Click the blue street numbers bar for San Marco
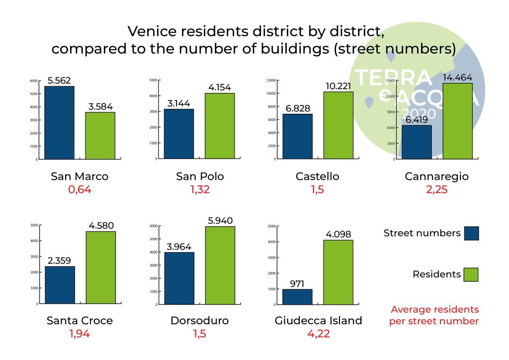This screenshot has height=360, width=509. point(59,122)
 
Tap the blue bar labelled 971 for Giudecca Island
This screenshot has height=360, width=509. point(297,296)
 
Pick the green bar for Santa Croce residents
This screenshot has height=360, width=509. point(100,267)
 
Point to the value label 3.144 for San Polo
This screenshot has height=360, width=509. point(178,103)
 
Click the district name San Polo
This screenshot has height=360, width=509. point(200,177)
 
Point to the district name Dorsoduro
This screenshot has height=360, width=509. point(199,321)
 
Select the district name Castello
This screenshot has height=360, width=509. point(317,177)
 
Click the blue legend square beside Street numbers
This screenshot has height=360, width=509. point(471,233)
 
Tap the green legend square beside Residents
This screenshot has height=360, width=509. point(471,274)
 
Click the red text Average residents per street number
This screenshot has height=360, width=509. point(434,315)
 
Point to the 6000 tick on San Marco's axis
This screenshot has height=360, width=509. point(33,81)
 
